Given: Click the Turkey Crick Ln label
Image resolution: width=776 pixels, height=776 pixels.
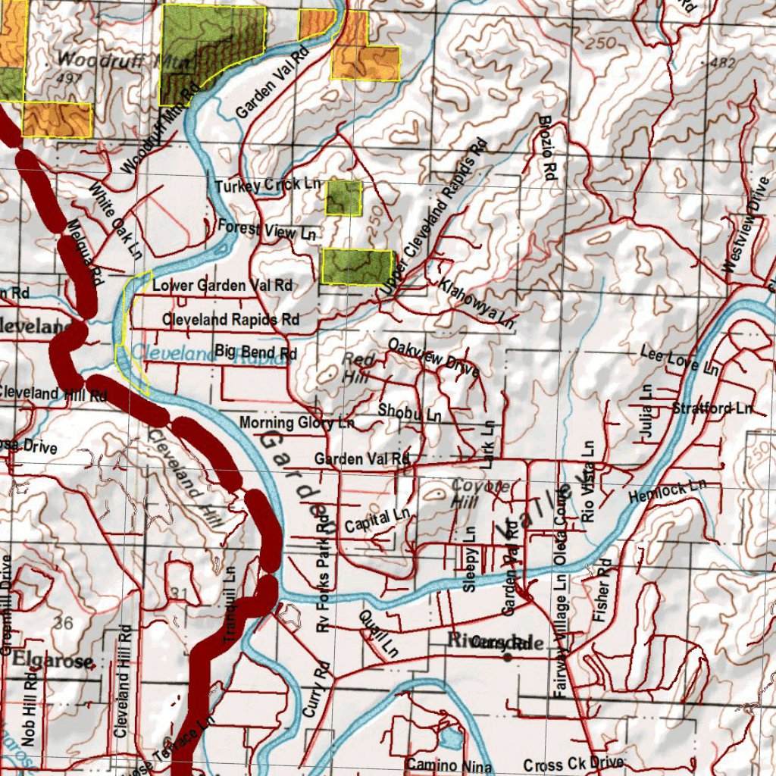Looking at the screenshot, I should click(268, 185).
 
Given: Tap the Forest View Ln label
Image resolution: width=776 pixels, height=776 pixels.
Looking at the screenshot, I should click(266, 230).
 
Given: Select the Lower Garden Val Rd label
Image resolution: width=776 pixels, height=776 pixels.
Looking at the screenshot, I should click(222, 286).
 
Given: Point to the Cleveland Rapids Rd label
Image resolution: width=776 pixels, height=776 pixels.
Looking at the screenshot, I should click(230, 320).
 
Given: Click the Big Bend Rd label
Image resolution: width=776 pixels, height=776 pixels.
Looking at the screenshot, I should click(255, 352).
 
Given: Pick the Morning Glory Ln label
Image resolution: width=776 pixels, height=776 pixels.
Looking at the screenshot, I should click(296, 422).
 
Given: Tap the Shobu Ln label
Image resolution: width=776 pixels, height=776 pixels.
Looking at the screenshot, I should click(409, 412).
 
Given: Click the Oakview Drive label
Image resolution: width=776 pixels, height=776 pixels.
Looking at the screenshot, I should click(433, 358).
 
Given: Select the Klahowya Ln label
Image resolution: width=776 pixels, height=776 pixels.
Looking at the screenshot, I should click(477, 303).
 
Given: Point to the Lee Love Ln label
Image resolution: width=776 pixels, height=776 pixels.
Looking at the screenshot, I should click(679, 359).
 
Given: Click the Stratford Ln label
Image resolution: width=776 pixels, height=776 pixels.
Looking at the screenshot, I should click(712, 408).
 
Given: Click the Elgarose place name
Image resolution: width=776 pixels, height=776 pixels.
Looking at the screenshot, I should click(52, 661).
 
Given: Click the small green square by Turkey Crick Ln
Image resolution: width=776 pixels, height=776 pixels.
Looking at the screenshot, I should click(343, 198).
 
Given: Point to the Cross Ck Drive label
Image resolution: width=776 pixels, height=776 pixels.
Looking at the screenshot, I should click(573, 764).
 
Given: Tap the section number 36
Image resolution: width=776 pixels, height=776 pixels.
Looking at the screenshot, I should click(63, 623).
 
